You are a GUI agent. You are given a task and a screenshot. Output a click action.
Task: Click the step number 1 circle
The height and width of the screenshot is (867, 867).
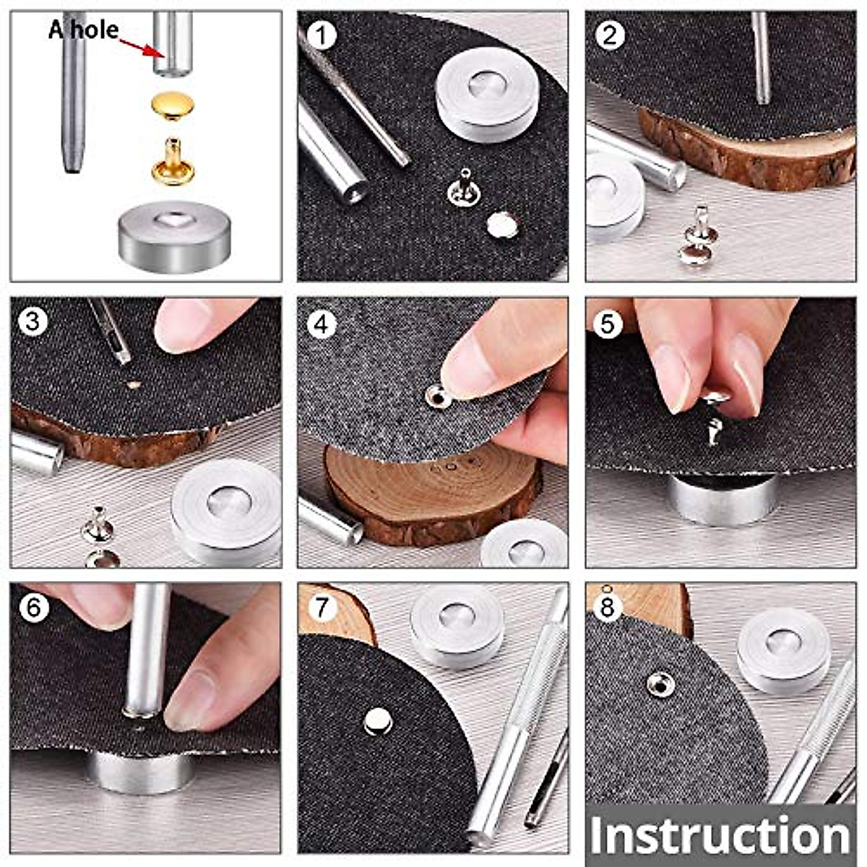click(322, 35)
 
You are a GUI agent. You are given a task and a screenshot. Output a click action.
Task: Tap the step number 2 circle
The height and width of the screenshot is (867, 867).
click(610, 35)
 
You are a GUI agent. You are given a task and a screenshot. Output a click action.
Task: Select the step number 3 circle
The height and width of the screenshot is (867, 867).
click(33, 321)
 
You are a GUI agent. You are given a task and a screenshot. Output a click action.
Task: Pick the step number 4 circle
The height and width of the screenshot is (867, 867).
click(322, 323)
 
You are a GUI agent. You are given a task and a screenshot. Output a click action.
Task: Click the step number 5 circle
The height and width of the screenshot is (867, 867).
click(608, 323)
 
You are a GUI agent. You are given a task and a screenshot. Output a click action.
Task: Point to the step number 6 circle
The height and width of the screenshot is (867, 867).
click(33, 608)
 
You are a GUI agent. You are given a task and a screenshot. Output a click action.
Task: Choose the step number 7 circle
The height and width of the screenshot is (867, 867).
click(322, 608)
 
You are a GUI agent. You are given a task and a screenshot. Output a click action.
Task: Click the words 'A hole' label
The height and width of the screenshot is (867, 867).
click(83, 31)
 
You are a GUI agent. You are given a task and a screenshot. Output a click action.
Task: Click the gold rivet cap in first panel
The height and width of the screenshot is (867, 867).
click(171, 106)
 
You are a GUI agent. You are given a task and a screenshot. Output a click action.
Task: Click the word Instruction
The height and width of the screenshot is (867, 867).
click(720, 836)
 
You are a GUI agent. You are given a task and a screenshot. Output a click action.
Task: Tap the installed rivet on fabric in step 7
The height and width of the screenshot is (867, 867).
click(377, 721)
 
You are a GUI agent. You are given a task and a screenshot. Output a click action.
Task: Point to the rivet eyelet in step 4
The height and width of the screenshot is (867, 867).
click(436, 396)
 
